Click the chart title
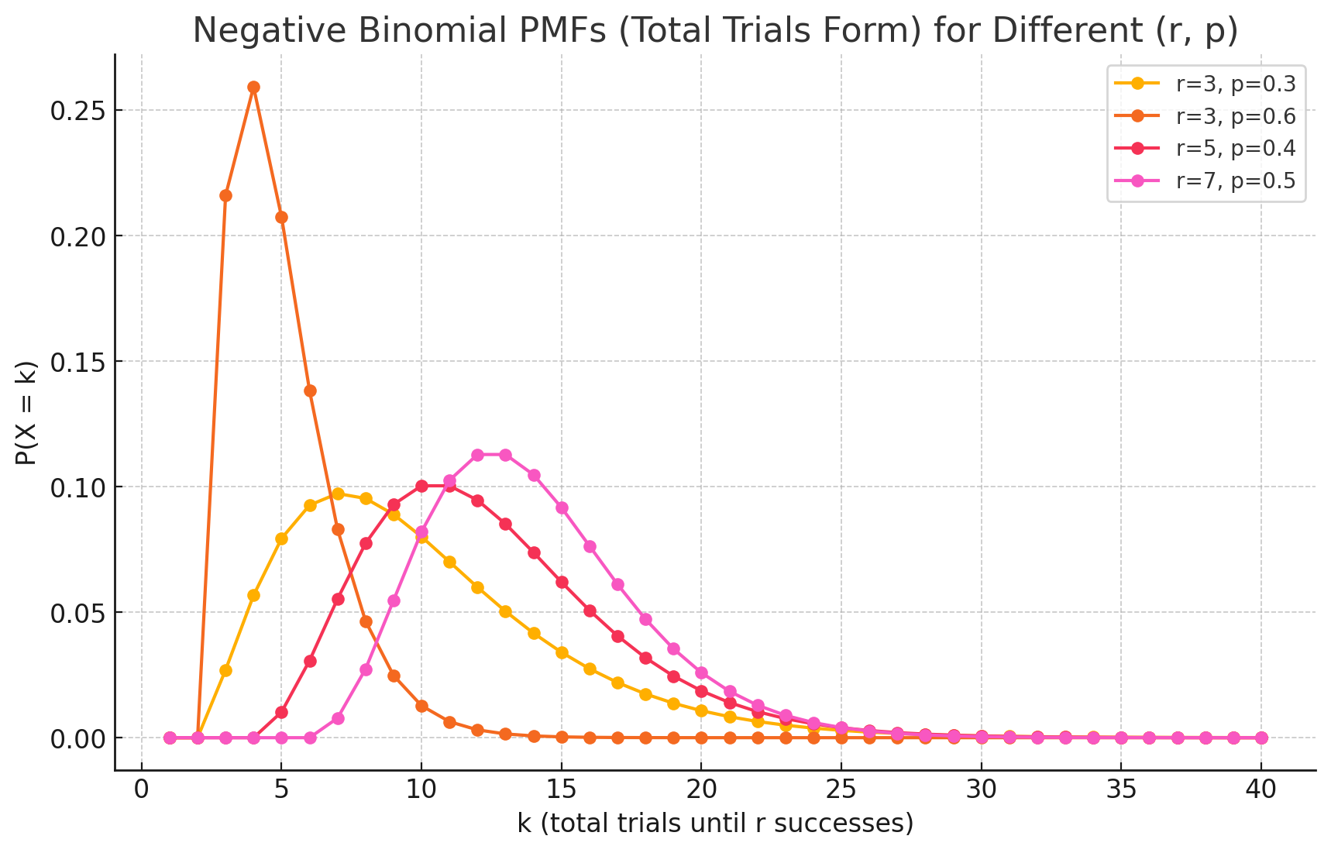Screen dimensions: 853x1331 click(x=714, y=30)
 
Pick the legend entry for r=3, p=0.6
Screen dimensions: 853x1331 click(x=1235, y=116)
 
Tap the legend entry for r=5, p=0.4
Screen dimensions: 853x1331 click(x=1235, y=148)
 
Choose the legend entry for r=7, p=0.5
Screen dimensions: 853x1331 click(x=1235, y=181)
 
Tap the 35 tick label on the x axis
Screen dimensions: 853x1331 click(x=1121, y=789)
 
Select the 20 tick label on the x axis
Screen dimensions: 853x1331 click(x=701, y=789)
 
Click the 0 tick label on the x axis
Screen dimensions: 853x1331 click(x=141, y=789)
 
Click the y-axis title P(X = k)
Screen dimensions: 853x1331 click(x=26, y=412)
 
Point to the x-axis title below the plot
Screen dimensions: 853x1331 click(x=715, y=824)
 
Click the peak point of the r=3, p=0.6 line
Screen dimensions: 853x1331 click(x=253, y=87)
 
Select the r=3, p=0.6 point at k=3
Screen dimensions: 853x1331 click(x=225, y=195)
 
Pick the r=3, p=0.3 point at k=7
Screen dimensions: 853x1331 click(x=338, y=494)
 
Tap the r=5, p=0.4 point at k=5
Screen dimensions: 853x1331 click(x=281, y=712)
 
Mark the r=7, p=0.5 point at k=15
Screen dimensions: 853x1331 click(x=562, y=507)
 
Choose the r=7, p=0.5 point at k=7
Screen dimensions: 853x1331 click(x=338, y=718)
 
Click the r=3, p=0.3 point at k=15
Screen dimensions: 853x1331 click(x=562, y=652)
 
